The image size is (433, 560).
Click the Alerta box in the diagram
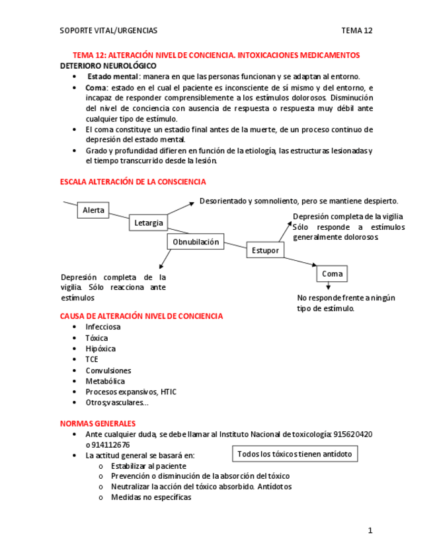pyautogui.click(x=93, y=210)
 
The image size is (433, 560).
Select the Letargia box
pyautogui.click(x=148, y=223)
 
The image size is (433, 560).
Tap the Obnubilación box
pyautogui.click(x=196, y=242)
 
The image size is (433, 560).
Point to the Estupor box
pyautogui.click(x=265, y=250)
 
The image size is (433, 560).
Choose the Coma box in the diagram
pyautogui.click(x=332, y=273)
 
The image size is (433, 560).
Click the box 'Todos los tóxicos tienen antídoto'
pyautogui.click(x=295, y=454)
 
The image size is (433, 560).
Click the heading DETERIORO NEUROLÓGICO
pyautogui.click(x=108, y=66)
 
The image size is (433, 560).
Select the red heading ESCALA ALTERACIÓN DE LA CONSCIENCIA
pyautogui.click(x=133, y=182)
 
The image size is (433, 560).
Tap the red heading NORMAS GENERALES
pyautogui.click(x=98, y=423)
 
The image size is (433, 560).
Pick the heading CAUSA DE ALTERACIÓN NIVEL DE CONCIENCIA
pyautogui.click(x=141, y=316)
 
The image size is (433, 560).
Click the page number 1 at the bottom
pyautogui.click(x=371, y=530)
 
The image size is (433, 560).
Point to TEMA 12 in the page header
pyautogui.click(x=357, y=30)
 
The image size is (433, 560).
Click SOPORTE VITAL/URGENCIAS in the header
pyautogui.click(x=108, y=30)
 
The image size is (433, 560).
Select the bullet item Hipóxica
pyautogui.click(x=100, y=349)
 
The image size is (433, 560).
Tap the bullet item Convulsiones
pyautogui.click(x=108, y=370)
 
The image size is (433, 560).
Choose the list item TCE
pyautogui.click(x=92, y=359)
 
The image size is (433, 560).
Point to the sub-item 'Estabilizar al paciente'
pyautogui.click(x=149, y=466)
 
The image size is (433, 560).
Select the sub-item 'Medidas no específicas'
pyautogui.click(x=151, y=497)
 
